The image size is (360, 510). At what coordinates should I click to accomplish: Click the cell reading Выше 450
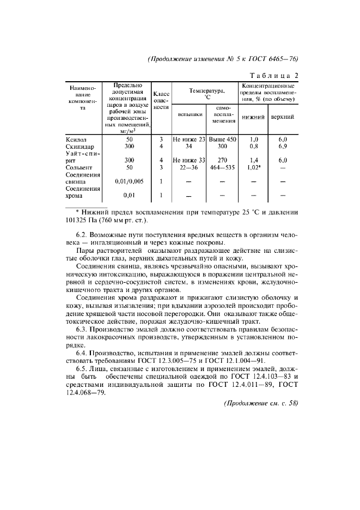[223, 139]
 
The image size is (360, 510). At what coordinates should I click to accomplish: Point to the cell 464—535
[223, 167]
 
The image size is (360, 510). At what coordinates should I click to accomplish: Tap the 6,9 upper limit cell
[283, 147]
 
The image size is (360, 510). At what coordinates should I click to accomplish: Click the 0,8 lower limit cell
[253, 147]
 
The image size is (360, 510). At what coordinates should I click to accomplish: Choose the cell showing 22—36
[188, 167]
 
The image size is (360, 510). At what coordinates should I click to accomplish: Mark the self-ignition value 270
[223, 160]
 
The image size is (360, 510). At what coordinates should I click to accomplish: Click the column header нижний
[253, 117]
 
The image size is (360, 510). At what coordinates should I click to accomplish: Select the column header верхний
[283, 117]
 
